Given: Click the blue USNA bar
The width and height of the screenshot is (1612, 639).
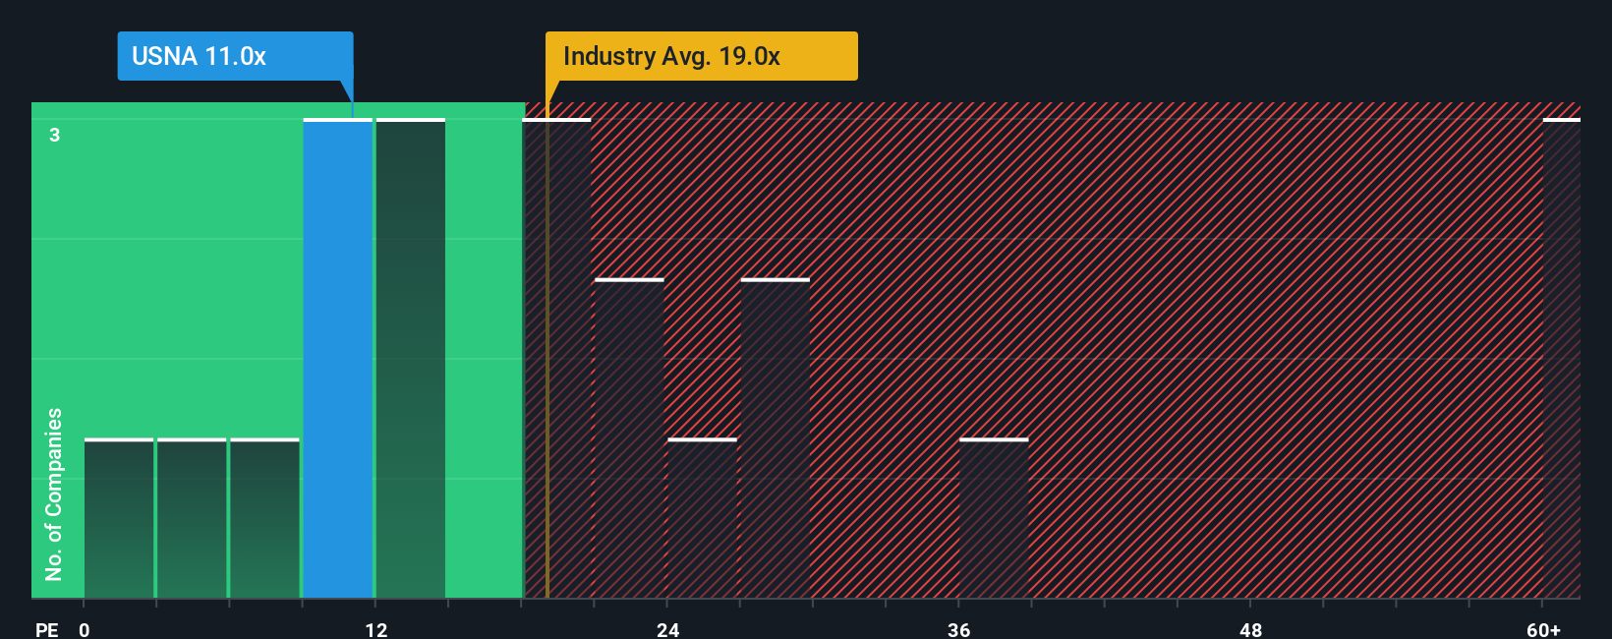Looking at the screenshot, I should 338,359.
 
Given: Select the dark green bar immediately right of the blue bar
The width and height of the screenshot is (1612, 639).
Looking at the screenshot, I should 411,359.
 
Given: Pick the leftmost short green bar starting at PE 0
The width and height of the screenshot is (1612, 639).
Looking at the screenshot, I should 119,518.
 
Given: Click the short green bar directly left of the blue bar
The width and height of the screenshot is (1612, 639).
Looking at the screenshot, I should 264,518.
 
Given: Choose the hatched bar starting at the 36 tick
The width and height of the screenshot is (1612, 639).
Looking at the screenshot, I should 994,518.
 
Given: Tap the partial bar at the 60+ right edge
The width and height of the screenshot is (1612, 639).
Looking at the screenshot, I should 1561,359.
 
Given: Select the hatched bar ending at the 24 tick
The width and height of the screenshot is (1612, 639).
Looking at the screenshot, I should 629,438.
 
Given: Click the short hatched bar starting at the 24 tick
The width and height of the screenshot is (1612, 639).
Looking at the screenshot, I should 702,518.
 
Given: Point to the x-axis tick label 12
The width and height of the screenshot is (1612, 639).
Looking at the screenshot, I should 376,629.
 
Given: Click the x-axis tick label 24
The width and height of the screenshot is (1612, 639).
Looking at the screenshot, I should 668,629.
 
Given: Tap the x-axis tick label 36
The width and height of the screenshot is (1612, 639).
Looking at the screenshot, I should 959,629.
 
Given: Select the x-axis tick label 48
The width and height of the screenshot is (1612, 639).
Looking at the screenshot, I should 1250,629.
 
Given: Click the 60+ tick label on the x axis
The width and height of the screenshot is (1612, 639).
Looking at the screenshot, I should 1543,629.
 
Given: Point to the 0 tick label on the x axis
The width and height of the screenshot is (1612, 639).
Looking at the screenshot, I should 85,629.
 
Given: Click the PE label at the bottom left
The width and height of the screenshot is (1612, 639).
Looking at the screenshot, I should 46,629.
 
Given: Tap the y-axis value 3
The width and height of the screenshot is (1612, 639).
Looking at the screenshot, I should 55,135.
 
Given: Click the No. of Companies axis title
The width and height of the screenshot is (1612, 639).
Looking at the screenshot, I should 54,494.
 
